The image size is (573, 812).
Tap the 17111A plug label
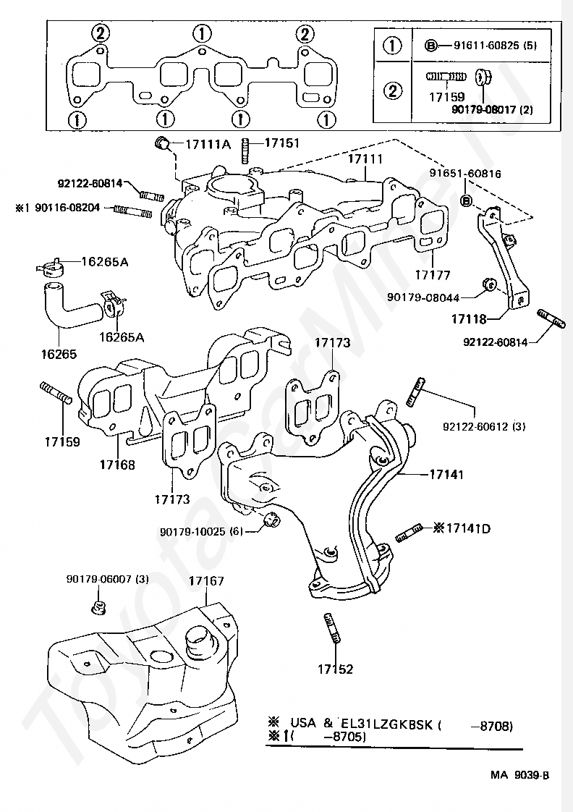(207, 144)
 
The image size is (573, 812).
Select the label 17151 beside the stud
(281, 143)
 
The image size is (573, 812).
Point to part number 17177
(433, 275)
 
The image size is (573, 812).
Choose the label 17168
(117, 465)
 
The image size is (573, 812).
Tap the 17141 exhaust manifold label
(446, 475)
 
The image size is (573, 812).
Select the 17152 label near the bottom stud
(335, 669)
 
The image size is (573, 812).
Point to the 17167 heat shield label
(206, 580)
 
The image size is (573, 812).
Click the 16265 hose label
(59, 355)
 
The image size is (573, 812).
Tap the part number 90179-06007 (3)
(108, 579)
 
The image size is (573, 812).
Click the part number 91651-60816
(465, 174)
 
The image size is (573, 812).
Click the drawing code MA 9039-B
(519, 775)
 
